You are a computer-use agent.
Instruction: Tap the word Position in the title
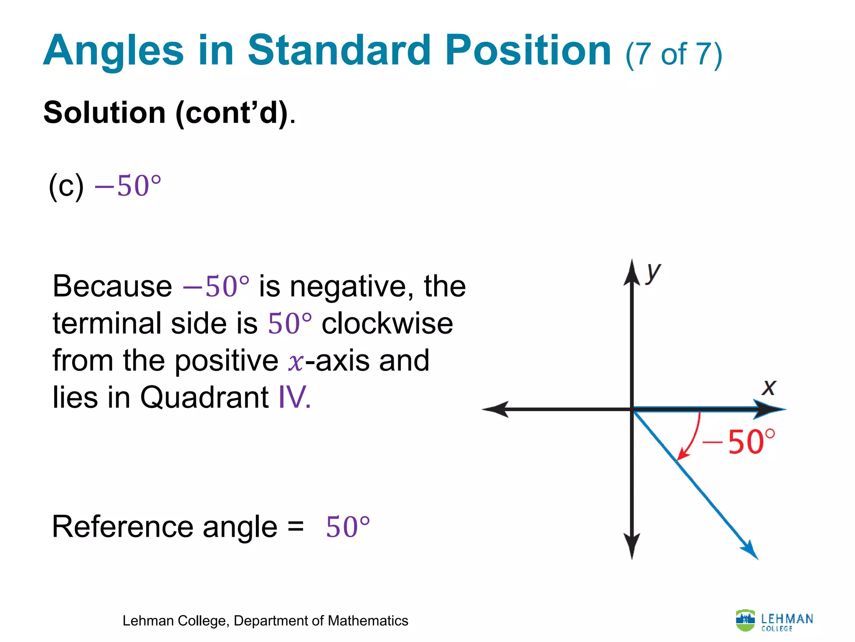528,51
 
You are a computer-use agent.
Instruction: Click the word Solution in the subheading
104,113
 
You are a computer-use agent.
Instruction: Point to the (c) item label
66,186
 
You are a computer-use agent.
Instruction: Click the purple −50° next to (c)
128,186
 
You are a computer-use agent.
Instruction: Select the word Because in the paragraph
112,287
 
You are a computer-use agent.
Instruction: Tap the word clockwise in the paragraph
387,324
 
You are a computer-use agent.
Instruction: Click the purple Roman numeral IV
293,397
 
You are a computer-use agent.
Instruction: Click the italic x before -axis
296,362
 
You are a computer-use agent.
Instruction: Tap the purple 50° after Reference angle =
347,527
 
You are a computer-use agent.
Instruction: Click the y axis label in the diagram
653,273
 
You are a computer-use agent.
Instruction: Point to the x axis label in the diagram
769,387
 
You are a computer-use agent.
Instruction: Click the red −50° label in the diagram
739,442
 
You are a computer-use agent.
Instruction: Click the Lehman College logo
774,621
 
